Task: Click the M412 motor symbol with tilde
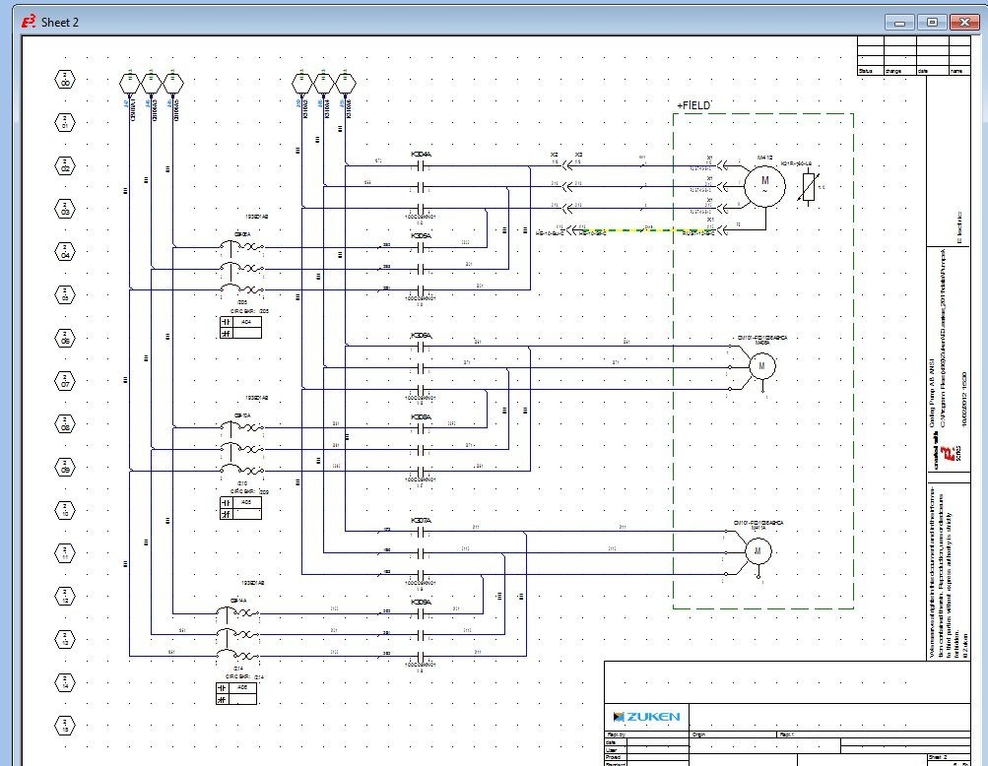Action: point(764,182)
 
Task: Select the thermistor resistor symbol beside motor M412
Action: point(809,185)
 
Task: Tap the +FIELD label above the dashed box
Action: point(694,104)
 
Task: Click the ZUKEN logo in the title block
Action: point(646,716)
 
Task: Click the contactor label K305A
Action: point(421,236)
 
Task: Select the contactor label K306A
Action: point(421,336)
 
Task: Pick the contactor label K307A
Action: point(421,519)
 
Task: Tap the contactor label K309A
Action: point(421,602)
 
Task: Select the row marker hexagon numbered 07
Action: point(65,383)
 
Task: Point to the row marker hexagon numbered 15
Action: point(65,727)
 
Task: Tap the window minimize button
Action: point(899,22)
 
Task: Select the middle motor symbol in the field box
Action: point(761,366)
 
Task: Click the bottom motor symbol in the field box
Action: point(758,552)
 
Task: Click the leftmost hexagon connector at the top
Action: point(129,82)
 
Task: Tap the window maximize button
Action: point(931,22)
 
